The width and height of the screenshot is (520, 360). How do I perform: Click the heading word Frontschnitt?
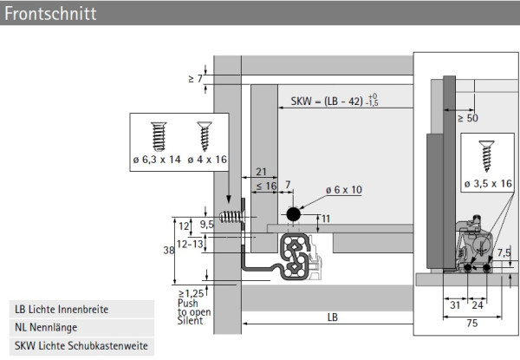tap(50, 15)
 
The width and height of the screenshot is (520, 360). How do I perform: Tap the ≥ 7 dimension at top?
tap(194, 79)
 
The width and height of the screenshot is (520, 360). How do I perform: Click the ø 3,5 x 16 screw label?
tap(487, 184)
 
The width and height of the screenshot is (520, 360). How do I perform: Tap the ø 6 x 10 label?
tap(344, 190)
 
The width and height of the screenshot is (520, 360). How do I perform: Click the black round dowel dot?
tap(294, 213)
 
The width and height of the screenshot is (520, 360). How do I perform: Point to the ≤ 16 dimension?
tap(261, 186)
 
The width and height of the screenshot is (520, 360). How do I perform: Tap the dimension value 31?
tap(456, 304)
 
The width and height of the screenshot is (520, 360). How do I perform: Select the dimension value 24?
tap(478, 304)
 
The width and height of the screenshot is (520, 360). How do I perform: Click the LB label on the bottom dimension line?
tap(332, 317)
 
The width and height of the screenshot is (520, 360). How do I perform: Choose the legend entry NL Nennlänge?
tap(46, 328)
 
